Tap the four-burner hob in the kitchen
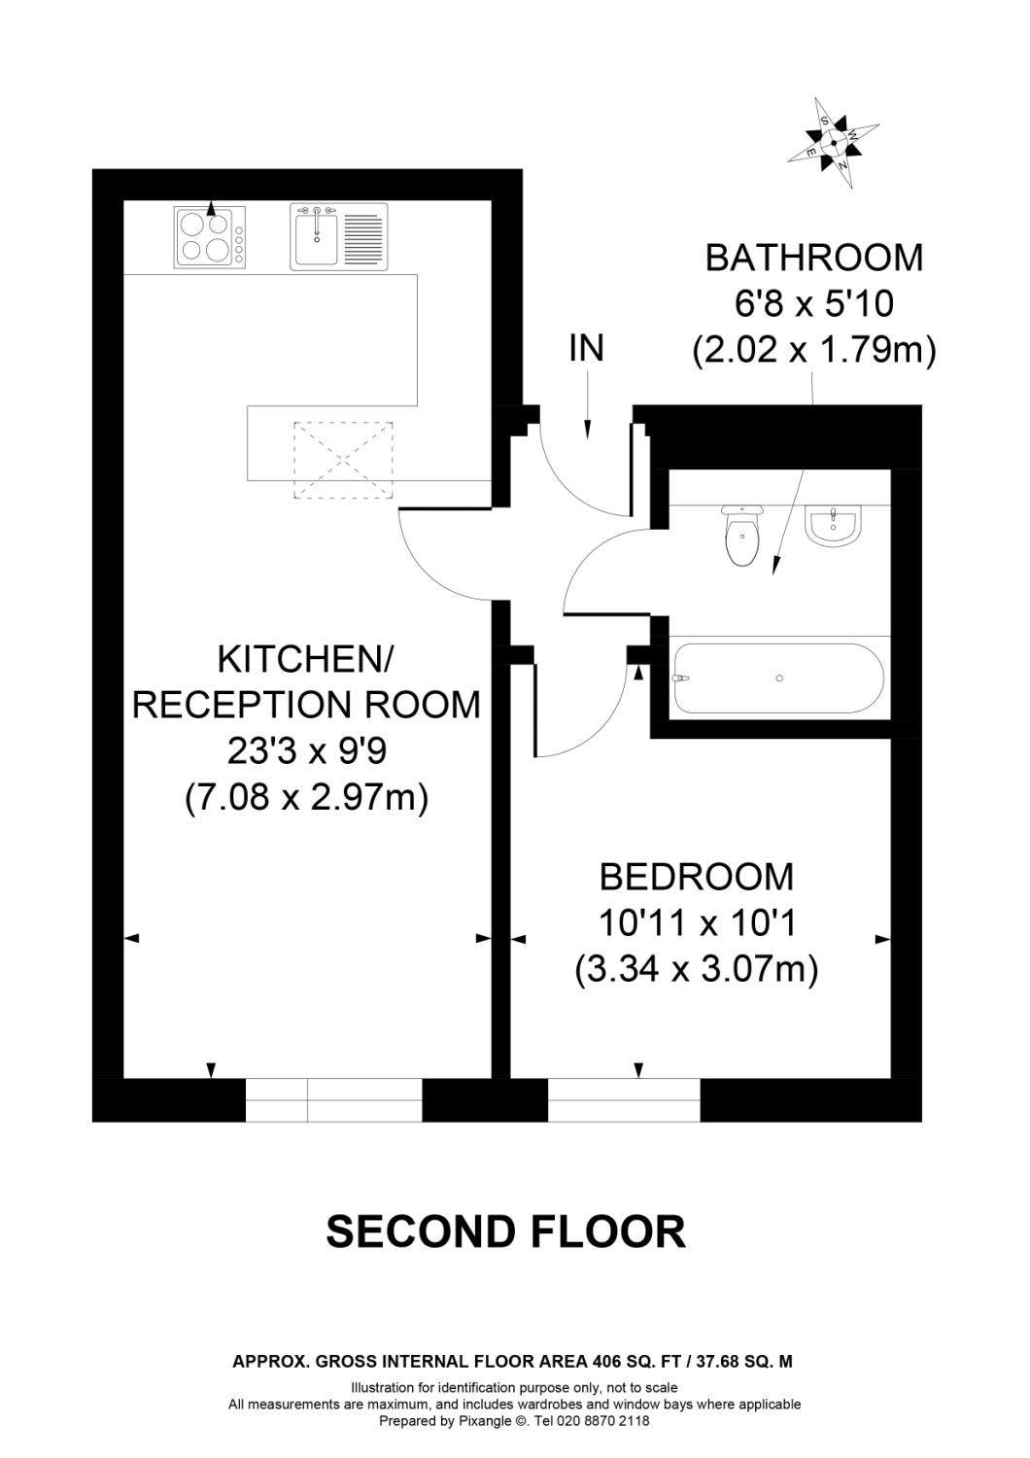(210, 237)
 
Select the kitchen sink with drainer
(339, 236)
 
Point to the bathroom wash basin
(833, 526)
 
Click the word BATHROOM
(813, 258)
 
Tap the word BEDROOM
(696, 877)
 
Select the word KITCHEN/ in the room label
(304, 659)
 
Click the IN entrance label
(586, 348)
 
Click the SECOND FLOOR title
(505, 1232)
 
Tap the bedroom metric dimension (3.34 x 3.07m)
(696, 970)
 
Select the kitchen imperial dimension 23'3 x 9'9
(306, 751)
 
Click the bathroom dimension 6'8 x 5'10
(813, 304)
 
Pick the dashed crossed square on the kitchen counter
(344, 460)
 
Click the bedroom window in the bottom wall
(624, 1099)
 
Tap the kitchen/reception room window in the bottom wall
(333, 1099)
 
